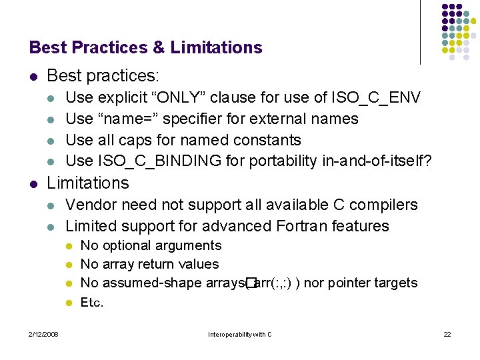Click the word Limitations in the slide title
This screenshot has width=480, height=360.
click(x=216, y=47)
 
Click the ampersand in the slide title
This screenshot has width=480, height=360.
click(x=159, y=47)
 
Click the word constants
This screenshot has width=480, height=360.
click(x=268, y=140)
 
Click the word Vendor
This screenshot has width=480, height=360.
click(x=89, y=205)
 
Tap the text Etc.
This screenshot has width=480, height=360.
click(x=91, y=302)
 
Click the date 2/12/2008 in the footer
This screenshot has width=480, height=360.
click(x=43, y=333)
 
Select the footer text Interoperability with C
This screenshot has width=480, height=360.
click(x=240, y=333)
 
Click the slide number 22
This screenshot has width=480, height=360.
click(x=447, y=333)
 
